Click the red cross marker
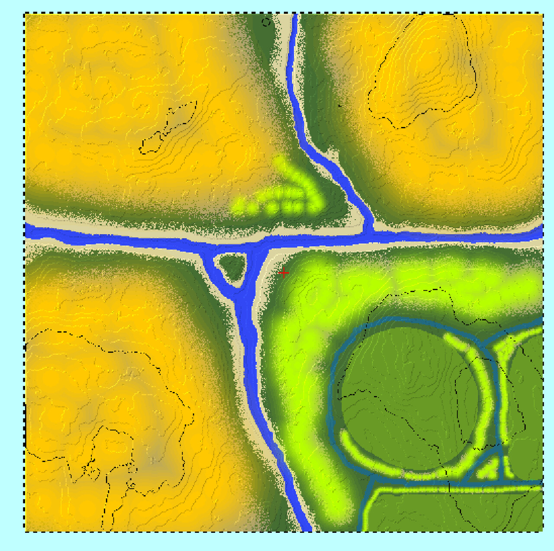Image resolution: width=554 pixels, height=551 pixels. [283, 272]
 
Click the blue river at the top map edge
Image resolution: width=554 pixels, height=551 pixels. [296, 17]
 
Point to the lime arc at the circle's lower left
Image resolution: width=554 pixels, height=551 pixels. [368, 459]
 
